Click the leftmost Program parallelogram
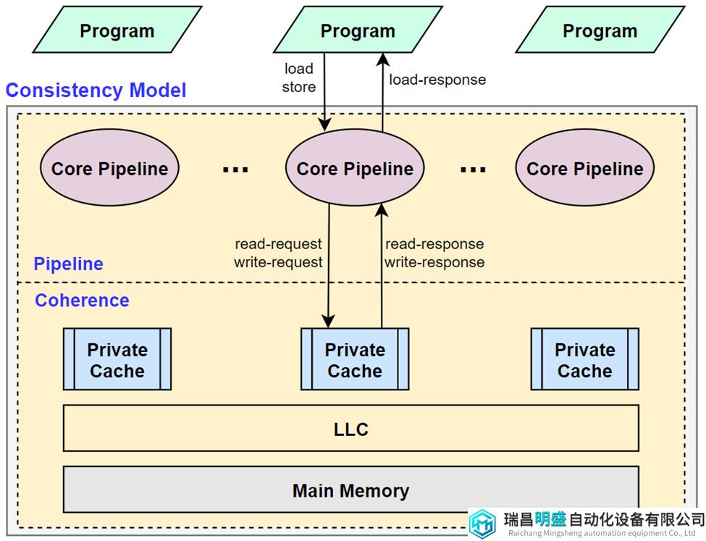[117, 30]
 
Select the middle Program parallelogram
[358, 30]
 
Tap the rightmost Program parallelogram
[600, 30]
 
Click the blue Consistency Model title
[96, 90]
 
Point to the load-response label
[437, 80]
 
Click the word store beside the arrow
[299, 87]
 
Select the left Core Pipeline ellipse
[109, 167]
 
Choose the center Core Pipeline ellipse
[355, 167]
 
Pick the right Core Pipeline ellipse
[585, 167]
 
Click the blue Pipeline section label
[69, 264]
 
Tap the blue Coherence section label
[82, 301]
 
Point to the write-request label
[278, 262]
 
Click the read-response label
[434, 244]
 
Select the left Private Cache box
[117, 359]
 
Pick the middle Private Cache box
[355, 359]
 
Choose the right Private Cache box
[585, 359]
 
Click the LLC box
[351, 429]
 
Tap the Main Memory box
[351, 490]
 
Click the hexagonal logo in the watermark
[483, 524]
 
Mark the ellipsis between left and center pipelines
[235, 169]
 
